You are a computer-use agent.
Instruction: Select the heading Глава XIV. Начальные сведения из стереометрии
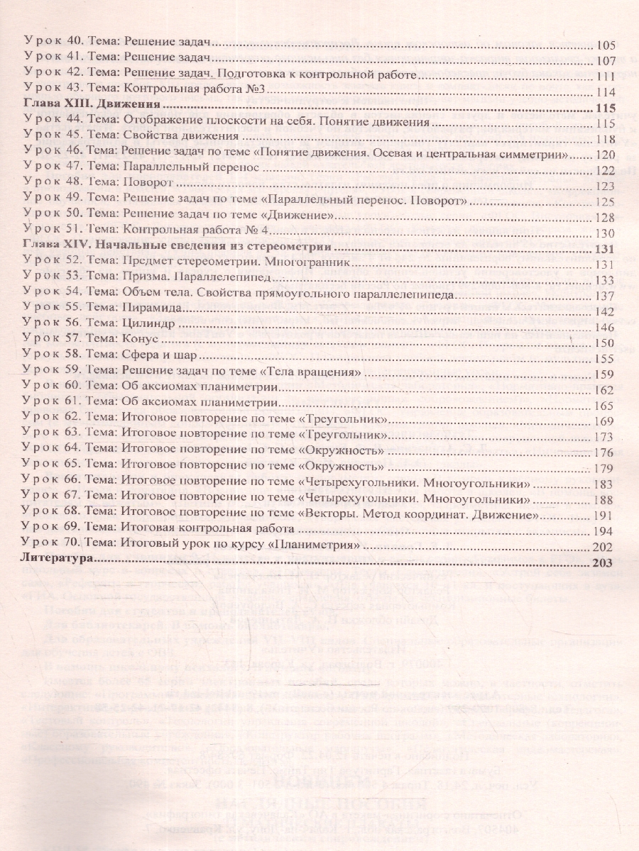[x=177, y=247]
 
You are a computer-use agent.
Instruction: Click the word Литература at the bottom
[x=58, y=560]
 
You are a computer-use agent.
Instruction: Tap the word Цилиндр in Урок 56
[x=148, y=326]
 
